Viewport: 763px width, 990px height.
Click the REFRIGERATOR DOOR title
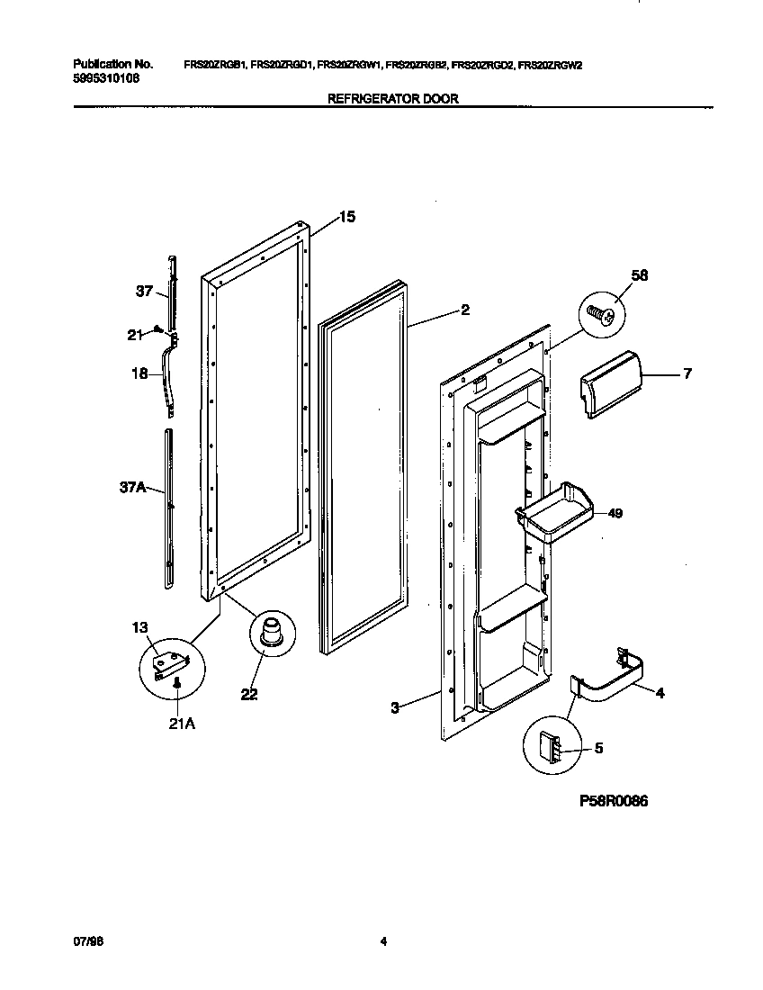point(392,99)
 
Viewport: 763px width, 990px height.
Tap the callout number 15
point(346,217)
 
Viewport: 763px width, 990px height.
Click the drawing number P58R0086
point(607,801)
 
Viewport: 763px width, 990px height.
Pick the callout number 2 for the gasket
point(465,310)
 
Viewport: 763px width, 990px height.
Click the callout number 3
point(394,708)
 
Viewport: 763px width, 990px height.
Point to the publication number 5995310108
point(106,77)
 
